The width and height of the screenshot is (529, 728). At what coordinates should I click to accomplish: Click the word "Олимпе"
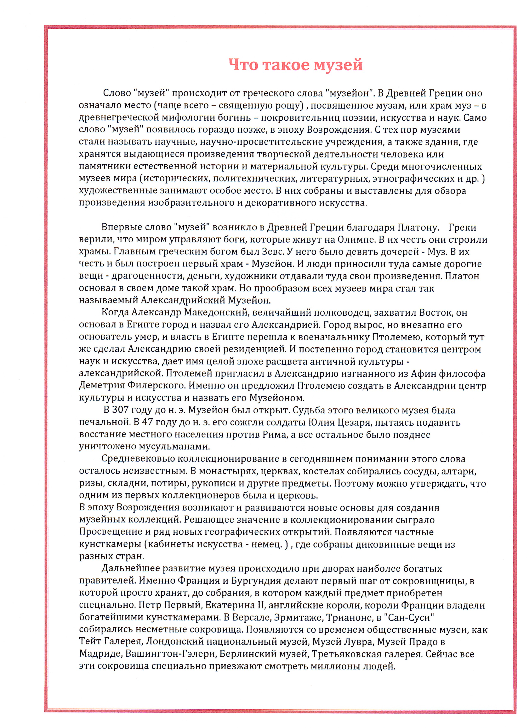(357, 239)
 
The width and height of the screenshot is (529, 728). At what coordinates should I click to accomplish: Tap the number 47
(147, 423)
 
